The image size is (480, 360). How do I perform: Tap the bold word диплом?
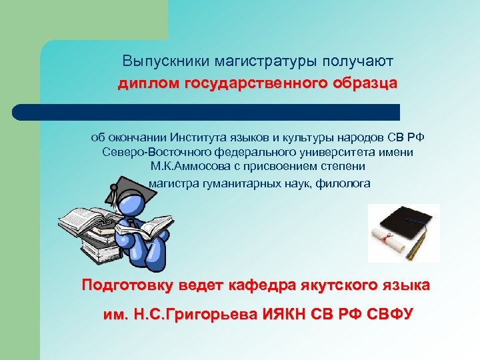[x=147, y=83]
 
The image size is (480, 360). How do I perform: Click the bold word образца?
[x=362, y=83]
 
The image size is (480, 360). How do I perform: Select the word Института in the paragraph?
[x=197, y=138]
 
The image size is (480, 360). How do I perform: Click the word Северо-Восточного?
[x=149, y=152]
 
